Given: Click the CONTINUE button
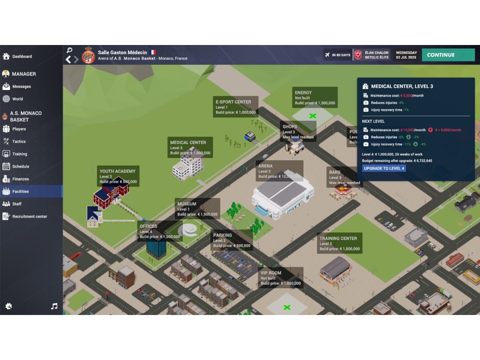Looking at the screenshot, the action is (x=448, y=55).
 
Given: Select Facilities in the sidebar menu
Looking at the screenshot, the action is (x=21, y=191).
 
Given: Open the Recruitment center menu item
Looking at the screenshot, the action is (x=30, y=217).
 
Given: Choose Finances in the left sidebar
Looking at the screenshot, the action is (x=21, y=179).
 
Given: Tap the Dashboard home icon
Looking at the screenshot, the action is (x=6, y=56).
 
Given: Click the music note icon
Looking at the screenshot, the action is (x=54, y=306).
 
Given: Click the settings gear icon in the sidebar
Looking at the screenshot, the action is (x=8, y=306).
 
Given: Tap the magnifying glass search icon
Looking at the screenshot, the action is (x=69, y=50).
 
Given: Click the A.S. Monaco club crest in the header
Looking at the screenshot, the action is (x=88, y=55).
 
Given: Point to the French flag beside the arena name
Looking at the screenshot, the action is (x=153, y=52).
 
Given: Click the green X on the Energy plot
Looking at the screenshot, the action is (x=313, y=115).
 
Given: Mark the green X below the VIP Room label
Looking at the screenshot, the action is (x=287, y=307).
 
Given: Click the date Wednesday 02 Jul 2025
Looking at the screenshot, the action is (x=406, y=55).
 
